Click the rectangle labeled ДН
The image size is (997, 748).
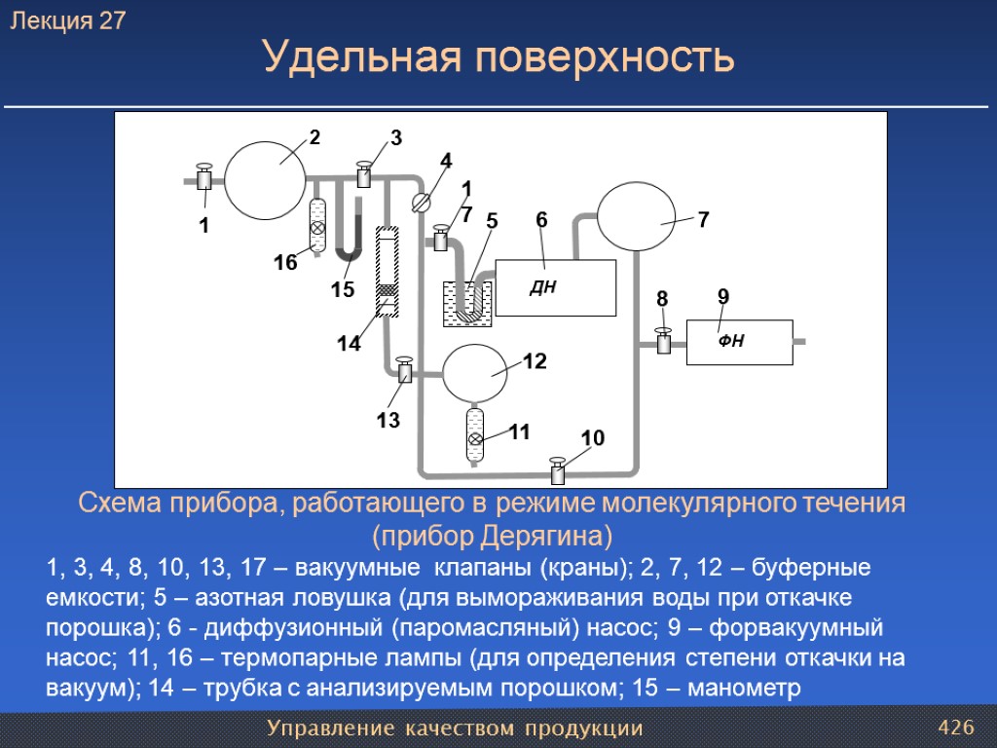(556, 288)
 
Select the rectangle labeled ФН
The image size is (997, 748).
(739, 342)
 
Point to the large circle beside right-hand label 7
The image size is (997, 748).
(636, 217)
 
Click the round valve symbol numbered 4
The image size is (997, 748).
(422, 203)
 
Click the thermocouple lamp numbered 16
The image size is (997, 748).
(317, 227)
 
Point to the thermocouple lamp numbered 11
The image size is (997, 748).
(475, 437)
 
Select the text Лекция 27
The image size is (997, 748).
(68, 21)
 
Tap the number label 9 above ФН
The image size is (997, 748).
(722, 296)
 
